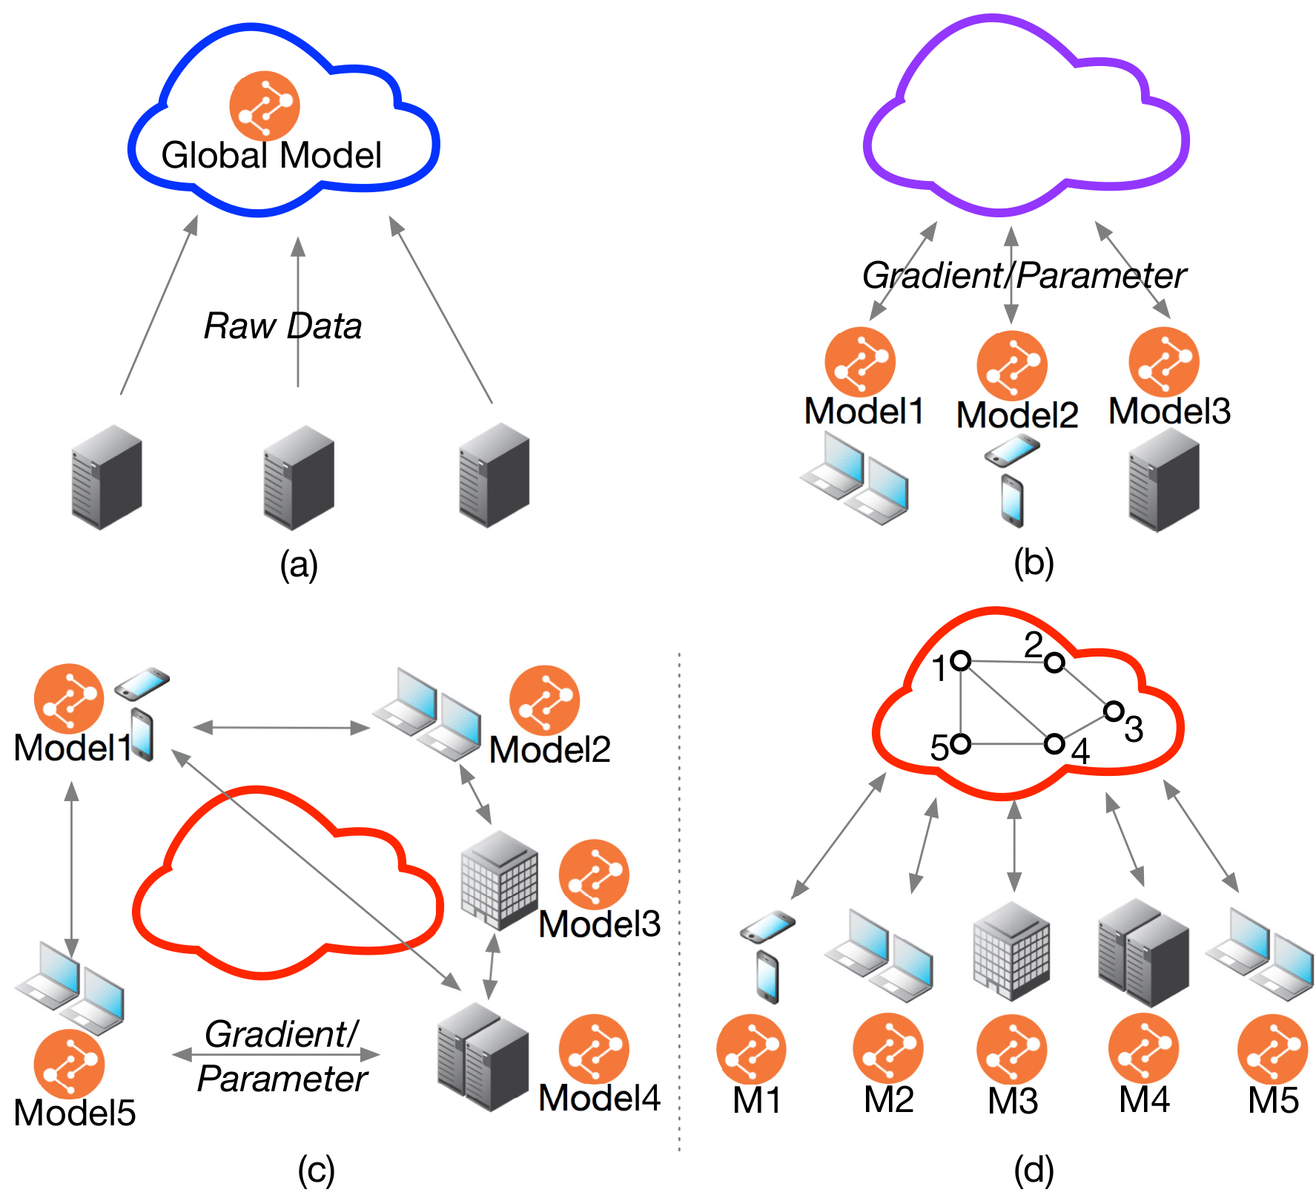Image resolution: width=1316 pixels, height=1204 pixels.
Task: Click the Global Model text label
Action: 271,156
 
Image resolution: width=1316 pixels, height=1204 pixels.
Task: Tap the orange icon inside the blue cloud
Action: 265,105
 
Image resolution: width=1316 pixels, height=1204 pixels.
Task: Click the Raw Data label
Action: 282,326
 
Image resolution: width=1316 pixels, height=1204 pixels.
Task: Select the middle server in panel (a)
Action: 299,477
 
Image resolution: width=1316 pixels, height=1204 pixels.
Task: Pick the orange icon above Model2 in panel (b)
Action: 1011,366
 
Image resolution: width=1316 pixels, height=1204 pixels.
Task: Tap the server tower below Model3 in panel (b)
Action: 1163,481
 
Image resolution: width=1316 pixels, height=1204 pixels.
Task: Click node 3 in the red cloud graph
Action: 1113,711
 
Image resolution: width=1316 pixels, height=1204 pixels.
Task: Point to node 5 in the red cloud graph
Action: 961,743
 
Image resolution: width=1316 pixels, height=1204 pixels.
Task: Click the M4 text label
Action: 1144,1099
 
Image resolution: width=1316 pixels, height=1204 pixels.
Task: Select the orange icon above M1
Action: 751,1049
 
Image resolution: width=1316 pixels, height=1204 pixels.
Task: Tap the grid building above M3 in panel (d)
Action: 1011,951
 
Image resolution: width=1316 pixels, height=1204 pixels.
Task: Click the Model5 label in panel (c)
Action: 75,1113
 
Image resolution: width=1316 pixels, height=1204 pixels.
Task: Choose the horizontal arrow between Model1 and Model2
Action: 282,728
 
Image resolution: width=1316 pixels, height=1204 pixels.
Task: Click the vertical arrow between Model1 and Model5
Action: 71,868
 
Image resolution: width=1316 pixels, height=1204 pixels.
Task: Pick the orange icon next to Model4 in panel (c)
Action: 594,1049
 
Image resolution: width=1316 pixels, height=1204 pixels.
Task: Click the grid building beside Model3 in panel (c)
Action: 499,880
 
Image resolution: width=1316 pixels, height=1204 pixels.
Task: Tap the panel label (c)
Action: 317,1171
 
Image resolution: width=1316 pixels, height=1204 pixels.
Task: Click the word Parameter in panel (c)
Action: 282,1079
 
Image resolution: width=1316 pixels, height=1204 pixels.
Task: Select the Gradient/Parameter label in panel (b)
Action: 1024,276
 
